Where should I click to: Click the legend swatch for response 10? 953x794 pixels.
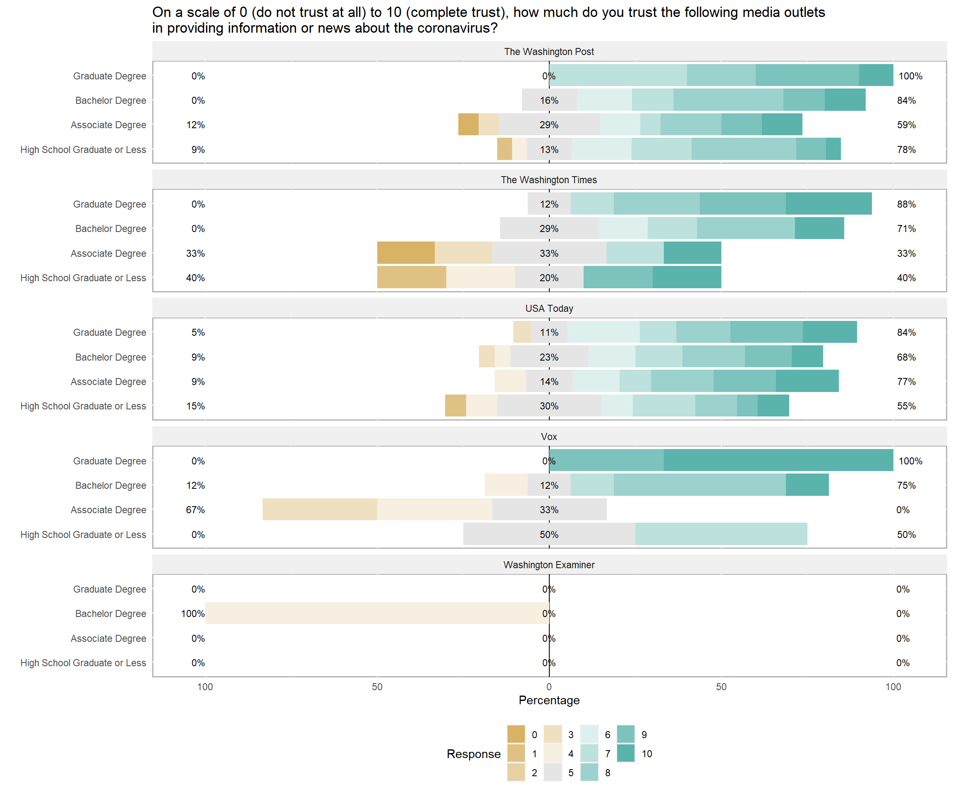[x=625, y=753]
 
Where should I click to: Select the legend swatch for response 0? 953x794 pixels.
[x=516, y=734]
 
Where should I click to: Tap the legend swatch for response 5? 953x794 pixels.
[x=553, y=772]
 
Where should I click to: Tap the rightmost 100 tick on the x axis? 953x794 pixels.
[x=893, y=687]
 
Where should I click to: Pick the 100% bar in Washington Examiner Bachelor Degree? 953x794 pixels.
[x=377, y=613]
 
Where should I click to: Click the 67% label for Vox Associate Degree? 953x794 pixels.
[x=195, y=510]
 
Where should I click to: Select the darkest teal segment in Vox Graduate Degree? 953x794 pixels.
[x=778, y=461]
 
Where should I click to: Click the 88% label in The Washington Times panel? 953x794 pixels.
[x=906, y=204]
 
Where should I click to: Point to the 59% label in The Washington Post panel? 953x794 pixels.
[x=906, y=125]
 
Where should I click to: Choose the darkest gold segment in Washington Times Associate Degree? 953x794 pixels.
[x=406, y=253]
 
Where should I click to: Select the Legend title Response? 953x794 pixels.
[x=473, y=754]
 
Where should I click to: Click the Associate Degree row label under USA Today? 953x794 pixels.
[x=108, y=382]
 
